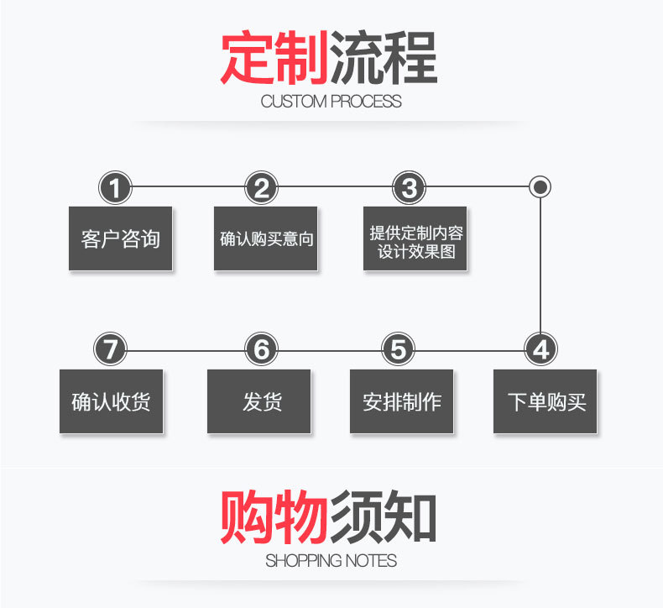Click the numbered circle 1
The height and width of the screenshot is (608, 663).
116,188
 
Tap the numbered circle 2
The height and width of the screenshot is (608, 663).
262,188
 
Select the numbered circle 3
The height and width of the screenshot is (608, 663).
409,188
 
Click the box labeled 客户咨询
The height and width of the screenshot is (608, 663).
120,238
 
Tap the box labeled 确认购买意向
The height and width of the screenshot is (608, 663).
266,238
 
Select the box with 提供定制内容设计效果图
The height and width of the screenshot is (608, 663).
415,238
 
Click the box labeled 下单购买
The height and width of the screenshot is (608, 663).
545,401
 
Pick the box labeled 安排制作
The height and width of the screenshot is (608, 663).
401,401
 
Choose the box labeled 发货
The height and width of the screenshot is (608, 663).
258,401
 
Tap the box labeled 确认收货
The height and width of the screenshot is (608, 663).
111,401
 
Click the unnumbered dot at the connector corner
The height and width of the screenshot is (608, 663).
541,186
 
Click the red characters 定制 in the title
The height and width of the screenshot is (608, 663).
274,58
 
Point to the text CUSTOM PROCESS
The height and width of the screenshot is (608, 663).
331,102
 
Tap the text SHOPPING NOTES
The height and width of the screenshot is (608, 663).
331,560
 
